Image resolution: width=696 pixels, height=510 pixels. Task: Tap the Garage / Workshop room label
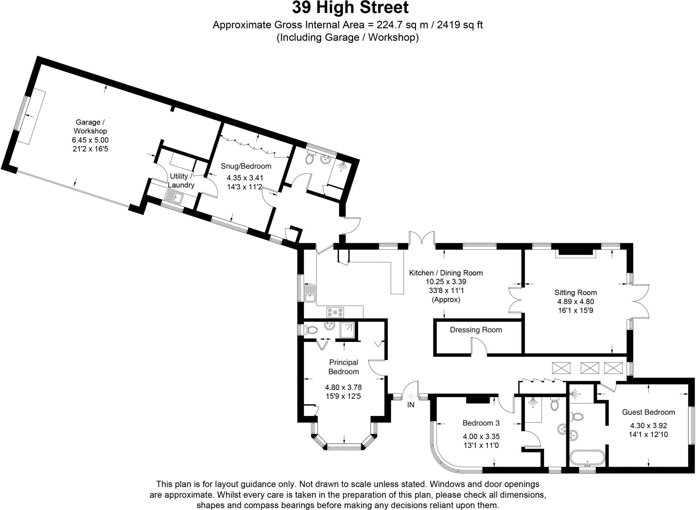pyautogui.click(x=90, y=126)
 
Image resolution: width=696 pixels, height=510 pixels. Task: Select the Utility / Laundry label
pyautogui.click(x=180, y=181)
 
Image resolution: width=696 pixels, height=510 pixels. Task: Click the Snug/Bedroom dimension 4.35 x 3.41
pyautogui.click(x=245, y=178)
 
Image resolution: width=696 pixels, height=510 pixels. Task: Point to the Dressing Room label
pyautogui.click(x=476, y=330)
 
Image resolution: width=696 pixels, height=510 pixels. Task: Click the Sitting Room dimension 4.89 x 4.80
pyautogui.click(x=575, y=302)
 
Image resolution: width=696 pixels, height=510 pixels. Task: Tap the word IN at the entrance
pyautogui.click(x=411, y=405)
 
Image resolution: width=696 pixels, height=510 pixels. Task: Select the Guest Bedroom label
pyautogui.click(x=648, y=412)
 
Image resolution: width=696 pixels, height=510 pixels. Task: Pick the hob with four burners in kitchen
pyautogui.click(x=335, y=312)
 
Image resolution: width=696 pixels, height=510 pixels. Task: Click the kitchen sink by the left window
pyautogui.click(x=310, y=294)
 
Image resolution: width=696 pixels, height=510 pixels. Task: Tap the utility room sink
pyautogui.click(x=174, y=197)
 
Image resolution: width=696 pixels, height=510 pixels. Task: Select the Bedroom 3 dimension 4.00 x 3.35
pyautogui.click(x=481, y=437)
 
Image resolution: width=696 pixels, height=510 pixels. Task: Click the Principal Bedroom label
pyautogui.click(x=344, y=367)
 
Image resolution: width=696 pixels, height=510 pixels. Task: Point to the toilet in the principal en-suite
pyautogui.click(x=311, y=330)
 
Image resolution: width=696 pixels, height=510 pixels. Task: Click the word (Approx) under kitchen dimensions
pyautogui.click(x=446, y=300)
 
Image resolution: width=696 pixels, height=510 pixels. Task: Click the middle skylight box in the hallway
pyautogui.click(x=589, y=368)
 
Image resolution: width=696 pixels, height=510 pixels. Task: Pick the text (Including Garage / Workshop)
pyautogui.click(x=347, y=37)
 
